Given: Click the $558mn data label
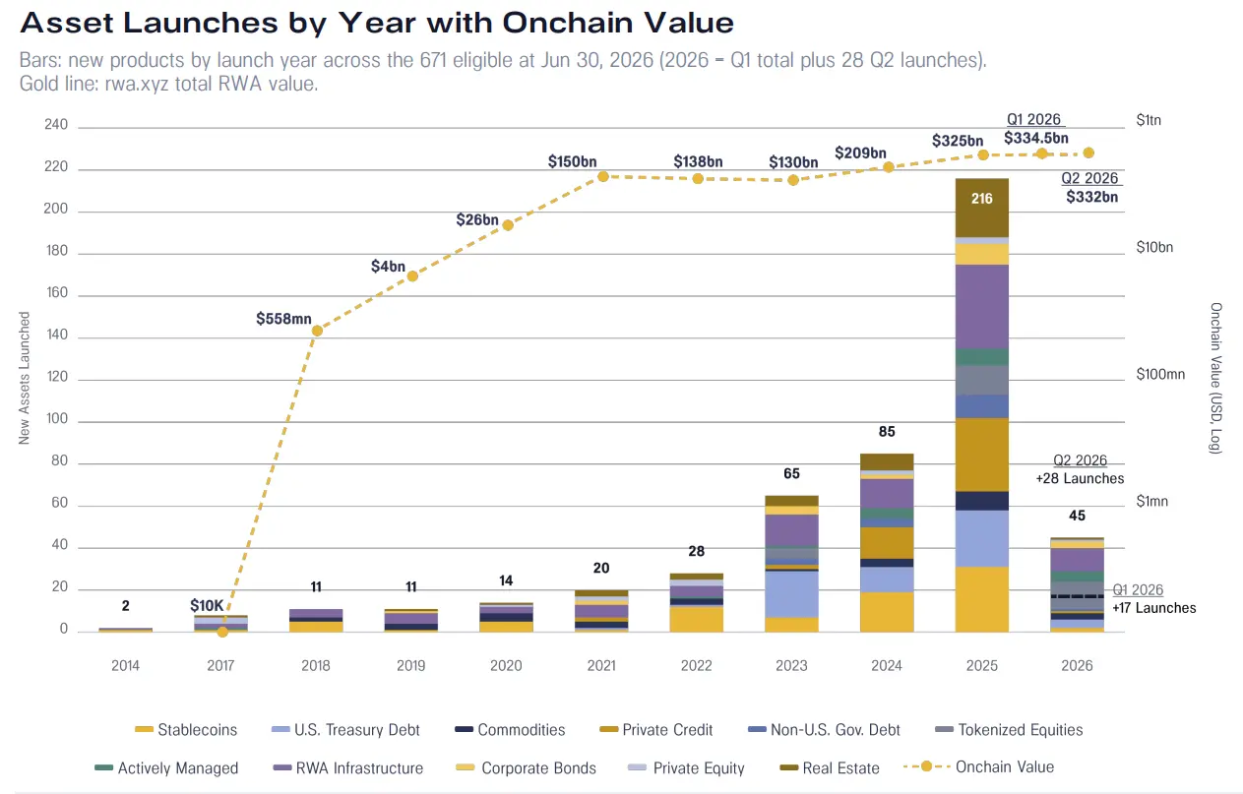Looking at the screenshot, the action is pyautogui.click(x=283, y=319).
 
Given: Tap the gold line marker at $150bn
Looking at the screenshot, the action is pyautogui.click(x=603, y=176).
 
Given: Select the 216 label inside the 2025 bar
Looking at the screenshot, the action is pyautogui.click(x=981, y=199).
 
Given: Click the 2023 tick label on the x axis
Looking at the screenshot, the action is pyautogui.click(x=791, y=665).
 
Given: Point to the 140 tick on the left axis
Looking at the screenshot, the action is pyautogui.click(x=57, y=335).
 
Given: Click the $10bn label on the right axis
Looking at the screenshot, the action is pyautogui.click(x=1154, y=247).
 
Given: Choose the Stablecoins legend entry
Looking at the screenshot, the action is pyautogui.click(x=186, y=730).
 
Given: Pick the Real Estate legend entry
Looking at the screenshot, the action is pyautogui.click(x=830, y=767).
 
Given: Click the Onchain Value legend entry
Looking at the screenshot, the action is pyautogui.click(x=979, y=766).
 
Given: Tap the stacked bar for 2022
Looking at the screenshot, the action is pyautogui.click(x=697, y=602).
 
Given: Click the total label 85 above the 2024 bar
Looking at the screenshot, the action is pyautogui.click(x=887, y=432).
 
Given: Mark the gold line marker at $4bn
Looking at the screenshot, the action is pyautogui.click(x=412, y=275).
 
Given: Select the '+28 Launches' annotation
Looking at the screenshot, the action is pyautogui.click(x=1080, y=478).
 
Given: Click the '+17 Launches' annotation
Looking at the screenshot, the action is pyautogui.click(x=1154, y=608).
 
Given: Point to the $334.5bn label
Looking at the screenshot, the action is pyautogui.click(x=1036, y=138).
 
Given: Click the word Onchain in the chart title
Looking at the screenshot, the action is pyautogui.click(x=566, y=23).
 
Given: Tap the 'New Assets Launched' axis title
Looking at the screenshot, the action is pyautogui.click(x=24, y=378).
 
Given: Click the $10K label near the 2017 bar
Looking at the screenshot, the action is pyautogui.click(x=207, y=605).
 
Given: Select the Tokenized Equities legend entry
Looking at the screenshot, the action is pyautogui.click(x=1009, y=730).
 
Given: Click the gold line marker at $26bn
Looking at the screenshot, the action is pyautogui.click(x=508, y=224).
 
